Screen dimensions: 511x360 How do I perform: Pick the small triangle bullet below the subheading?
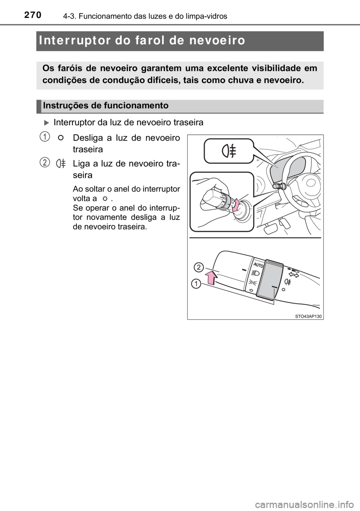coord(46,122)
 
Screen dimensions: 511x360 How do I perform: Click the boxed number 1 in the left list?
coord(44,137)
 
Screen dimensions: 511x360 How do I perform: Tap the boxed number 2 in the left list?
coord(44,162)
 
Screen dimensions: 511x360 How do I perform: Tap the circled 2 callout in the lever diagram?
coord(199,268)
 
